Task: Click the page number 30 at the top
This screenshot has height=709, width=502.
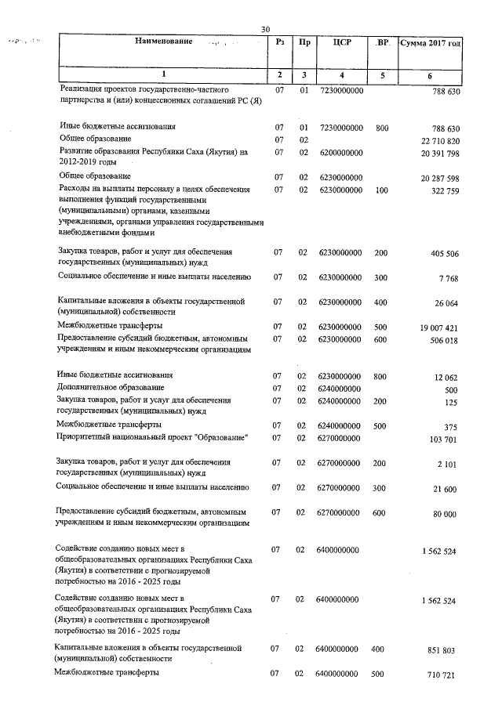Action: tap(265, 30)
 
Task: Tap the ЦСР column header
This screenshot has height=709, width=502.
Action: tap(342, 42)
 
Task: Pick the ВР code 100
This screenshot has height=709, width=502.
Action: tap(382, 190)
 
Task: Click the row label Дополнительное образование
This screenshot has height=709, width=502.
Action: tap(111, 388)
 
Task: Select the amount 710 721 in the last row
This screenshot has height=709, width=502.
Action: tap(445, 675)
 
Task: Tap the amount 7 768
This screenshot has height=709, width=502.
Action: tap(451, 278)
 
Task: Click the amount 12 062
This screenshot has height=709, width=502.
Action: tap(446, 378)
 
